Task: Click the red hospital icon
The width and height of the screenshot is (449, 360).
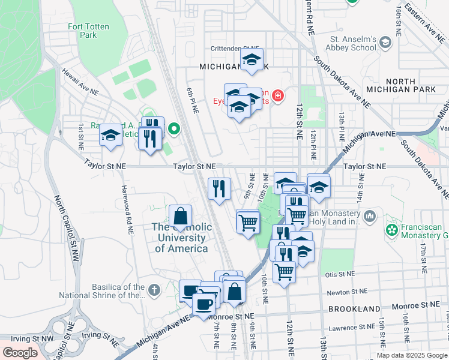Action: [x=277, y=95]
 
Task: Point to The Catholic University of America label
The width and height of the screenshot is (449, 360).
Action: [x=181, y=238]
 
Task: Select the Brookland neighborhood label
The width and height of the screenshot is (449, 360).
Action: [x=354, y=309]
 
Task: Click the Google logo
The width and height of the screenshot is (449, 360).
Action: [x=20, y=352]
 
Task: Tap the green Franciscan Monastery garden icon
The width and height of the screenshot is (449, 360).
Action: [x=392, y=229]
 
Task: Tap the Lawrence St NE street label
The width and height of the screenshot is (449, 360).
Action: [x=351, y=328]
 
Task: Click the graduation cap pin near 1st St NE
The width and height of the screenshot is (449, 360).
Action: [x=111, y=135]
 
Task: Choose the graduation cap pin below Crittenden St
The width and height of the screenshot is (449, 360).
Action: [x=252, y=59]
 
